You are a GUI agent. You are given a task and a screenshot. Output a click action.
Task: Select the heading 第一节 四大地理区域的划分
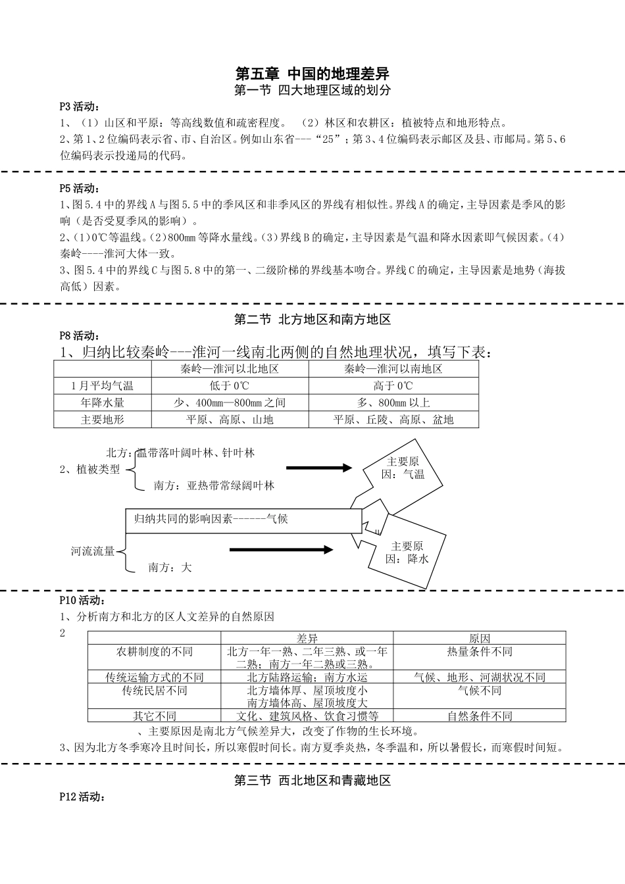tap(312, 91)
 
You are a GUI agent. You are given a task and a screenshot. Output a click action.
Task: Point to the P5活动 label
tap(80, 188)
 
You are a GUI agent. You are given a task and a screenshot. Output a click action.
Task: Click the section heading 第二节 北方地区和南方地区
tap(312, 320)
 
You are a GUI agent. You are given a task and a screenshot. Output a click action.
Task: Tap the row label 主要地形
tap(103, 419)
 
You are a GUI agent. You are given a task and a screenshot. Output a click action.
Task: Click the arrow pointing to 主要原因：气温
tap(320, 468)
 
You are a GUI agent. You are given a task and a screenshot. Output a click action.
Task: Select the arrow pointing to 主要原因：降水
tap(282, 550)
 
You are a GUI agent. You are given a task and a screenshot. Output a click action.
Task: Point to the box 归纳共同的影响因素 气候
tap(243, 520)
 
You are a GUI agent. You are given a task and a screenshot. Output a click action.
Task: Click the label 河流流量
tap(93, 551)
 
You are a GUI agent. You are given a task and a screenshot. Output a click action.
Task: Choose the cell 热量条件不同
tap(480, 652)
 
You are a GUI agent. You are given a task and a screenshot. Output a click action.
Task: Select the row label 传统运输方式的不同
tap(155, 677)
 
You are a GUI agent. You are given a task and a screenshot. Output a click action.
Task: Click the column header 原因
tap(480, 638)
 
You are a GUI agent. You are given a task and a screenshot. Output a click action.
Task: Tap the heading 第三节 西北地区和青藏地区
tap(312, 781)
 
